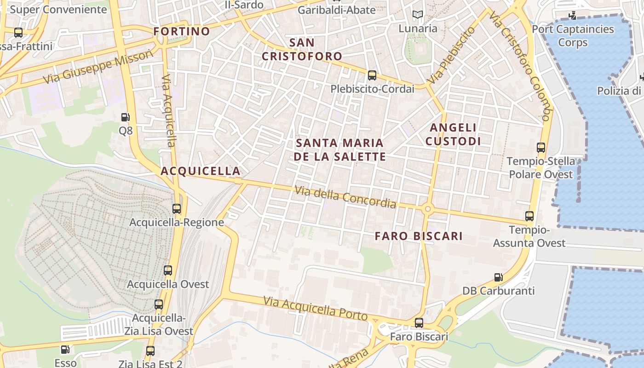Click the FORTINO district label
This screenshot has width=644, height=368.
pos(182,31)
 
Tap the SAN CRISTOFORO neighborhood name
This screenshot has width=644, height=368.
pos(302,50)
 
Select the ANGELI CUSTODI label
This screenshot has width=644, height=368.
pos(453,134)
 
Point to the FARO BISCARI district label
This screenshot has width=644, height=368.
pos(419,236)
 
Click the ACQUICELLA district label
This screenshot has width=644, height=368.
pos(201,171)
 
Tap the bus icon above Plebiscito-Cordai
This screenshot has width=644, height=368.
pos(372,75)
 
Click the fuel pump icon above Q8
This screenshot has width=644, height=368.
pos(125,117)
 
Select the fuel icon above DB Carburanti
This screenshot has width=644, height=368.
pos(498,277)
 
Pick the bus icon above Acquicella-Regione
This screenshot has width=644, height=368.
pos(177,208)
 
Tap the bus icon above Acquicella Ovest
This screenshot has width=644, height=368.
pos(168,270)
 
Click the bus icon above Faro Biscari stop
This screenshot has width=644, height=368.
pos(419,323)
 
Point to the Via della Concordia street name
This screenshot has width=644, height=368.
pos(345,196)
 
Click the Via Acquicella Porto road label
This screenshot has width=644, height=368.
pos(316,309)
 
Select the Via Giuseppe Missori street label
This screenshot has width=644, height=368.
pos(98,67)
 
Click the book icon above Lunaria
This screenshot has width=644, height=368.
pos(418,15)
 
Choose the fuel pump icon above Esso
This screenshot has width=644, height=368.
pos(65,350)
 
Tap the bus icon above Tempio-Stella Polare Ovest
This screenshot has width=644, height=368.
pos(541,148)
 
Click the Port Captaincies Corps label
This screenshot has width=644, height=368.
pos(573,36)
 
